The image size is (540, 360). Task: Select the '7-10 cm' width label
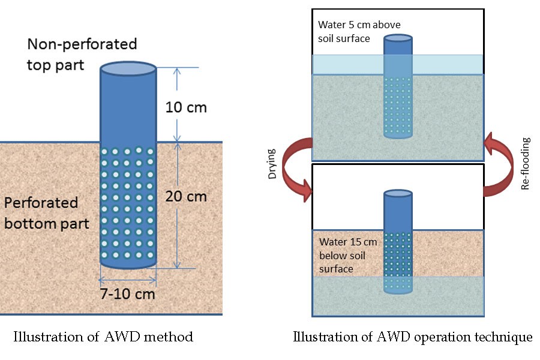click(127, 294)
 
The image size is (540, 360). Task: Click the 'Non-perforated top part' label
click(82, 54)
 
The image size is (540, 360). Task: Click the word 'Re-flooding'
click(526, 164)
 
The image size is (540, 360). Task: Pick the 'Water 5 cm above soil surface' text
click(359, 31)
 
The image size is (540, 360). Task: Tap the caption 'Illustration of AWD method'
click(103, 337)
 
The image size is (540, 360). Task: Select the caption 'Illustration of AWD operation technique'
click(412, 337)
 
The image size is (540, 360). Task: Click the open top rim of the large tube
click(128, 68)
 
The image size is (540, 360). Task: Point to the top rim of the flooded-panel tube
click(398, 38)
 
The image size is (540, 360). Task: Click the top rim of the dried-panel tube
click(398, 194)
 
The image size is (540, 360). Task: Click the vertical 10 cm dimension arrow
click(176, 104)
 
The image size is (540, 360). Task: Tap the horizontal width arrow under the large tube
click(128, 279)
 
